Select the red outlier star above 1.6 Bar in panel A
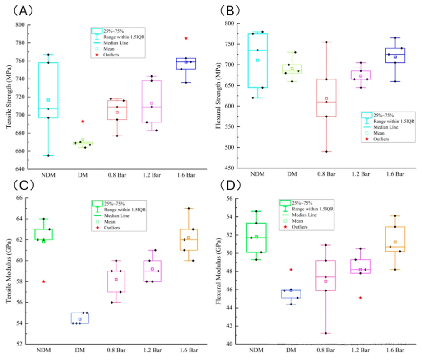[186, 38]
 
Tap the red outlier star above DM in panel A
[83, 122]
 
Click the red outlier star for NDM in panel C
[43, 281]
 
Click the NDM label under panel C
[43, 351]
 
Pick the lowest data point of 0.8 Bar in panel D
[326, 333]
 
